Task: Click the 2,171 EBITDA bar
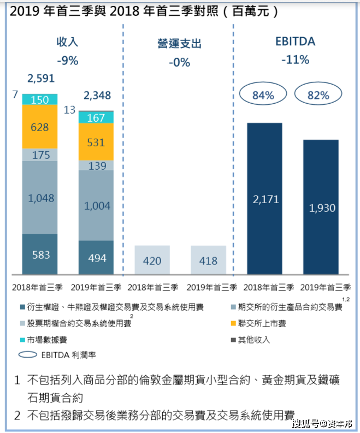pyautogui.click(x=264, y=198)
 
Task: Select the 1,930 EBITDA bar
pyautogui.click(x=321, y=207)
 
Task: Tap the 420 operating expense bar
pyautogui.click(x=152, y=260)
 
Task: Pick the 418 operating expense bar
pyautogui.click(x=208, y=260)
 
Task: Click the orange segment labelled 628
pyautogui.click(x=40, y=127)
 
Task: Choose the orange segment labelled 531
pyautogui.click(x=96, y=141)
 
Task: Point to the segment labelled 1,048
pyautogui.click(x=40, y=198)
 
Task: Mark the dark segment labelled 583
pyautogui.click(x=40, y=254)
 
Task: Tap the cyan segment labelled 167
pyautogui.click(x=96, y=117)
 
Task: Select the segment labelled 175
pyautogui.click(x=40, y=155)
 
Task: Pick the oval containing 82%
pyautogui.click(x=318, y=95)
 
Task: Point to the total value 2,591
pyautogui.click(x=41, y=78)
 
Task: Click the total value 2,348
pyautogui.click(x=97, y=96)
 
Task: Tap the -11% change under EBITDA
pyautogui.click(x=295, y=60)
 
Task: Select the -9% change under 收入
pyautogui.click(x=67, y=61)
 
